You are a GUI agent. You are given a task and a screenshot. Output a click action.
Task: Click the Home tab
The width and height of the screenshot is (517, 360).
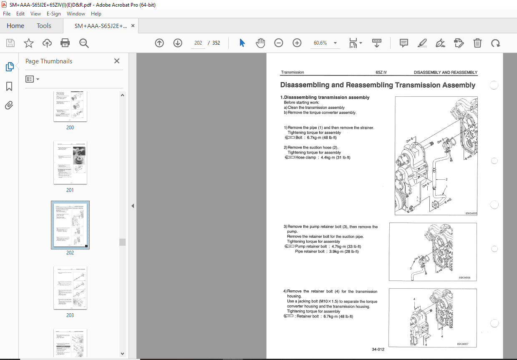point(15,26)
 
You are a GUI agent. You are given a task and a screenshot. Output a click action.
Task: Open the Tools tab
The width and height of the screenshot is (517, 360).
point(44,26)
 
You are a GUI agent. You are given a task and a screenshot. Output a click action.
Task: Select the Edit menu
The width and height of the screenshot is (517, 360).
point(20,14)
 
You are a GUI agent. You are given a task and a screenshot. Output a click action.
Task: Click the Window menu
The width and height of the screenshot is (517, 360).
point(76,14)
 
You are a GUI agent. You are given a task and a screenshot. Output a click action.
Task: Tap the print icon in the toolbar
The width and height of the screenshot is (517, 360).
point(65,43)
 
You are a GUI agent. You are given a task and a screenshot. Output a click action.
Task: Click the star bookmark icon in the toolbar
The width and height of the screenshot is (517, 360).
point(28,43)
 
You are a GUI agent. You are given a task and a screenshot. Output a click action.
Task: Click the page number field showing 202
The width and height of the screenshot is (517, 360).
point(198,43)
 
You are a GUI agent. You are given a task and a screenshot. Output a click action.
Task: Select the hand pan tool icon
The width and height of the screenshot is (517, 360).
point(260,43)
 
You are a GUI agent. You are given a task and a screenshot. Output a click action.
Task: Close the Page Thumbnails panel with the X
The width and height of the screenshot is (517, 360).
point(117,61)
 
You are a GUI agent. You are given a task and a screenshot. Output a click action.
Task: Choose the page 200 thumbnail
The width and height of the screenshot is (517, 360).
point(70,106)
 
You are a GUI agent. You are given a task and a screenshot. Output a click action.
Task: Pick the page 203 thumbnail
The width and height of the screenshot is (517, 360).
point(70,287)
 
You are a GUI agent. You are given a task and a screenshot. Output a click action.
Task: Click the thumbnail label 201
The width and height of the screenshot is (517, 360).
point(70,190)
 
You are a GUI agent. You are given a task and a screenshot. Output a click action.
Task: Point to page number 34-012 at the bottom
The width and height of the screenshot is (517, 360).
point(378,349)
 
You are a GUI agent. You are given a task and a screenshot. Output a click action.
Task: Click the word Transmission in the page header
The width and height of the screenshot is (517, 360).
point(293,73)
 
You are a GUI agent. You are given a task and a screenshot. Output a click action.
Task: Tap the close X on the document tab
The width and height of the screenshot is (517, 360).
point(133,26)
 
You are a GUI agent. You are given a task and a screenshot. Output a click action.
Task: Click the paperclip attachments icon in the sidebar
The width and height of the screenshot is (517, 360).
point(9,106)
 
